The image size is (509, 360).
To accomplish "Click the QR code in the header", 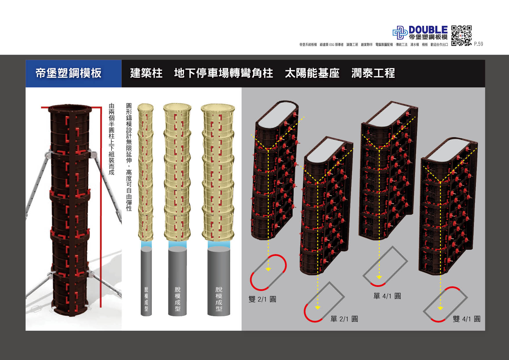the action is click(x=461, y=36).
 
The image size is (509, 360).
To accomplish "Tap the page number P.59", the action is click(x=479, y=44).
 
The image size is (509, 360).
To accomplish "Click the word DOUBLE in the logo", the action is click(x=428, y=30).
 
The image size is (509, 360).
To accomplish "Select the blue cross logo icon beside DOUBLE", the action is click(x=400, y=32).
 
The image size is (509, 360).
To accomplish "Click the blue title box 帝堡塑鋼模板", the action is click(x=73, y=73).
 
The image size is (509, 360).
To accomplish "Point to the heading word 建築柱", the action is click(x=146, y=73).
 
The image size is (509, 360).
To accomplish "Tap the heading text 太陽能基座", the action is click(x=312, y=73).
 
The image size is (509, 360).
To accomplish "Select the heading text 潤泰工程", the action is click(x=373, y=73).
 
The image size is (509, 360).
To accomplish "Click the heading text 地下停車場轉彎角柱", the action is click(x=223, y=73).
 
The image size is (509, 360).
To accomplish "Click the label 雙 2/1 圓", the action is click(x=262, y=299).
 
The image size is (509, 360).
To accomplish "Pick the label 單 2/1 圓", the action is click(x=344, y=319).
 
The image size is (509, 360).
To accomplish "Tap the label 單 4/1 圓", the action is click(x=387, y=296).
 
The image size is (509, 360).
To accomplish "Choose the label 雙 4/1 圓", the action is click(x=467, y=319).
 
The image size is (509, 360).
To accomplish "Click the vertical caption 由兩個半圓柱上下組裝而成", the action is click(x=111, y=139).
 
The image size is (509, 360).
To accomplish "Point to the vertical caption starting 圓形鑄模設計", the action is click(x=129, y=157).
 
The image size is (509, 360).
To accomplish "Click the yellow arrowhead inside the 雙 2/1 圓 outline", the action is click(x=268, y=269).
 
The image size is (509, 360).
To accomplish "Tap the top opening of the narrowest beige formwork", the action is click(x=146, y=107).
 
